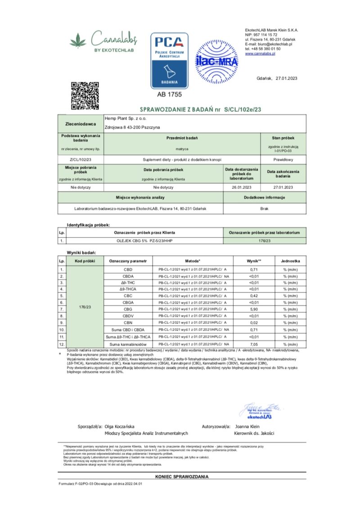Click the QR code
click(x=85, y=95)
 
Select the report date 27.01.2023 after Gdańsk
click(x=288, y=78)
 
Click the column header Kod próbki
click(x=85, y=261)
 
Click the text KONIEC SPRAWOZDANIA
click(x=182, y=476)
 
